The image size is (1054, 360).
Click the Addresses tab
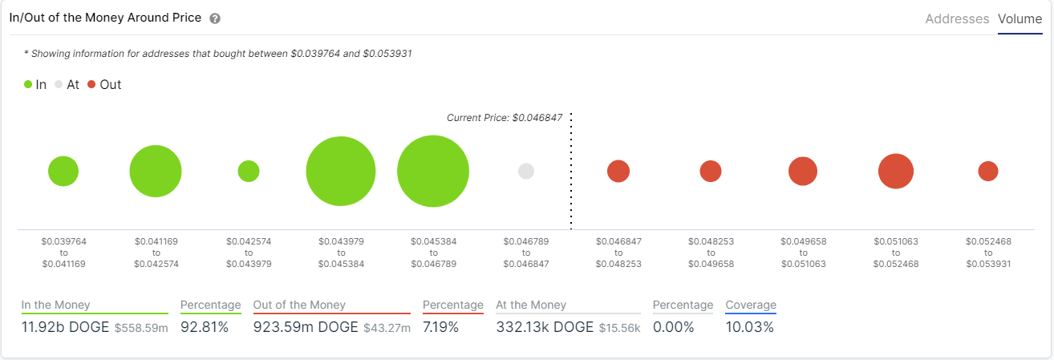click(x=957, y=18)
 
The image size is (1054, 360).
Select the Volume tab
click(x=1020, y=18)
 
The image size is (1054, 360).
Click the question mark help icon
click(x=214, y=18)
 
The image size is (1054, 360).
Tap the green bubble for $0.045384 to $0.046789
click(x=433, y=172)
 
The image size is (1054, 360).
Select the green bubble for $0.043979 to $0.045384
click(x=341, y=172)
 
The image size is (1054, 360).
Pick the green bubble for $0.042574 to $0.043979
click(x=249, y=171)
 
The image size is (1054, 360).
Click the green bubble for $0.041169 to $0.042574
click(x=156, y=172)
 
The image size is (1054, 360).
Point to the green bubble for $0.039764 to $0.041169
click(x=63, y=171)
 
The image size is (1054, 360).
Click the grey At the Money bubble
click(x=526, y=171)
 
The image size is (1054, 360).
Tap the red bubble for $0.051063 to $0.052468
click(x=896, y=171)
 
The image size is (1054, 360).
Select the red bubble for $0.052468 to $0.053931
click(x=988, y=171)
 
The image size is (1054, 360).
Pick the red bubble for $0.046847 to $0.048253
click(x=618, y=171)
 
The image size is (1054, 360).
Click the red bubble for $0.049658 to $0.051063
click(x=803, y=171)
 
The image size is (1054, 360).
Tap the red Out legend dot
click(x=91, y=84)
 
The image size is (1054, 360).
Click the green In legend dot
click(x=28, y=84)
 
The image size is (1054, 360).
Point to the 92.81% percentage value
click(x=205, y=327)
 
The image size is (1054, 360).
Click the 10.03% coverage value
click(x=750, y=327)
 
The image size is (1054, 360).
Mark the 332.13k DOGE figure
click(x=545, y=327)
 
